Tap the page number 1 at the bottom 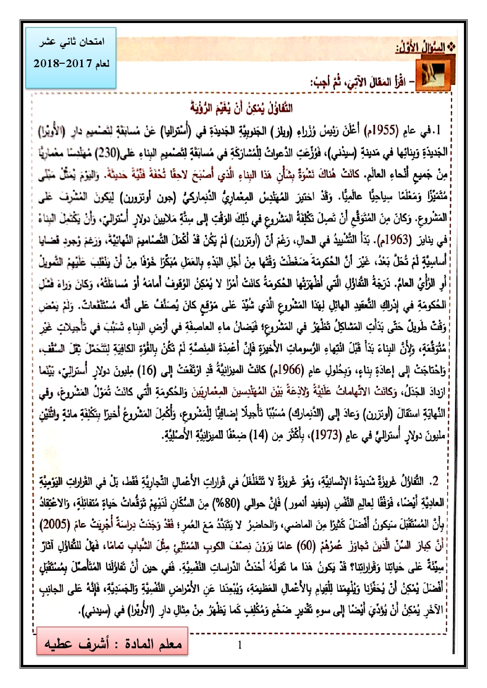tap(240, 644)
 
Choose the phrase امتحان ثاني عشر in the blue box tap(72, 43)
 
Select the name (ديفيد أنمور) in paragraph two tap(284, 503)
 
